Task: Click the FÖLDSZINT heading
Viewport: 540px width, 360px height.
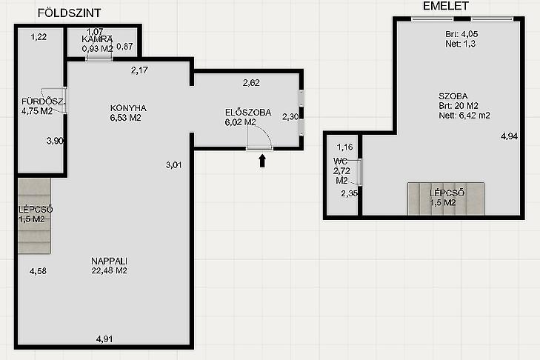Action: [69, 13]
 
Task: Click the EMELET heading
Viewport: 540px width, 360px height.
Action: [446, 6]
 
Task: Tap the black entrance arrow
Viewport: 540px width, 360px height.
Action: [262, 161]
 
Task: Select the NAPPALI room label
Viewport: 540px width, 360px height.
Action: [109, 261]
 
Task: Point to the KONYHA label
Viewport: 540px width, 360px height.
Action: [128, 108]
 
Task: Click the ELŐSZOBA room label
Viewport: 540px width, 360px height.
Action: [248, 113]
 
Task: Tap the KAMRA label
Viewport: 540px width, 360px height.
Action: [97, 39]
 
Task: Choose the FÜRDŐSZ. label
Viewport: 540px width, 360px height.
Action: [43, 101]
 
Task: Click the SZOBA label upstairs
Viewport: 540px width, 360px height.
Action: [453, 96]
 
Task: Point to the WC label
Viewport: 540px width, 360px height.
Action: [340, 161]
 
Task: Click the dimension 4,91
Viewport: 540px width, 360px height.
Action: [104, 339]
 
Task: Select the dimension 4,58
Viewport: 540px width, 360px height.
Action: [38, 271]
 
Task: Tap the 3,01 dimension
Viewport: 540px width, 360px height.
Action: [173, 165]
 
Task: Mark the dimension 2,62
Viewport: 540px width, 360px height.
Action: [251, 83]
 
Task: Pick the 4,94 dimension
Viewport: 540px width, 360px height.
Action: [509, 136]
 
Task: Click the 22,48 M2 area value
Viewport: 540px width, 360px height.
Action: [109, 271]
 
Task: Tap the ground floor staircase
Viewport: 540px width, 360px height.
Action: [34, 216]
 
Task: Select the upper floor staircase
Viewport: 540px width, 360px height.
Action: [446, 199]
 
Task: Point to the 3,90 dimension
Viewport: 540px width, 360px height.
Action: [55, 141]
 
